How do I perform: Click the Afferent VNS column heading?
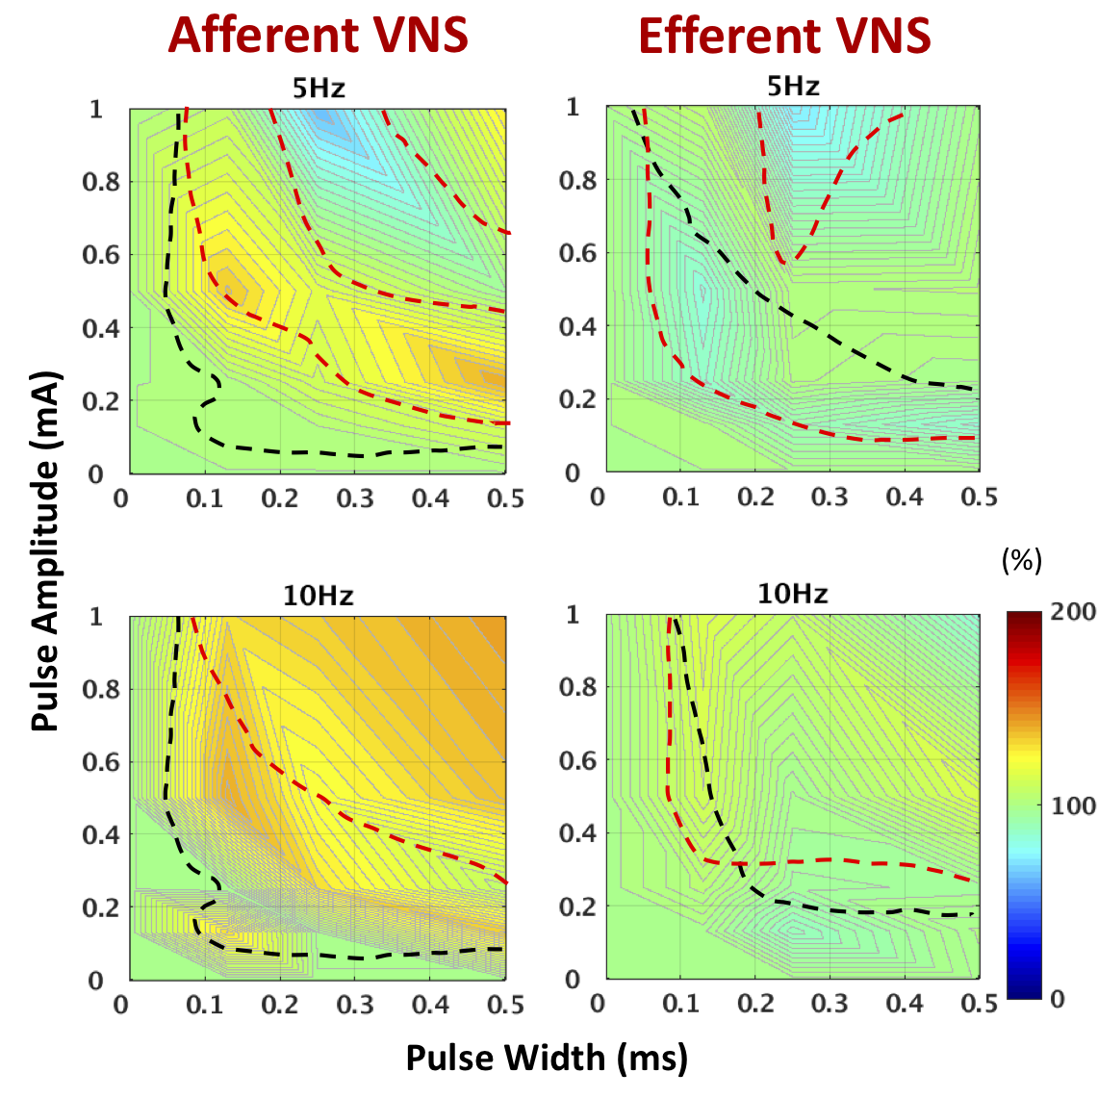click(318, 36)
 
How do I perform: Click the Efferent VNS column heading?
click(784, 37)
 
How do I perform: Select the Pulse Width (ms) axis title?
click(547, 1058)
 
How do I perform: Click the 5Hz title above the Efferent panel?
click(793, 87)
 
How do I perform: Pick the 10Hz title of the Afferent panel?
click(319, 597)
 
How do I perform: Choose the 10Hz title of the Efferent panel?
click(793, 594)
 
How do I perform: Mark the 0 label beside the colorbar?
click(1058, 999)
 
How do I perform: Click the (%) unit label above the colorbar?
click(1022, 561)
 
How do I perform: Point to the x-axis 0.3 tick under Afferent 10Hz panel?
click(356, 1006)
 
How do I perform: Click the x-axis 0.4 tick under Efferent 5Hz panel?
click(905, 497)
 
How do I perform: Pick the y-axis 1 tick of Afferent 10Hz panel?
click(96, 616)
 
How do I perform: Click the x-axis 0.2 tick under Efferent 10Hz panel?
click(755, 1004)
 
